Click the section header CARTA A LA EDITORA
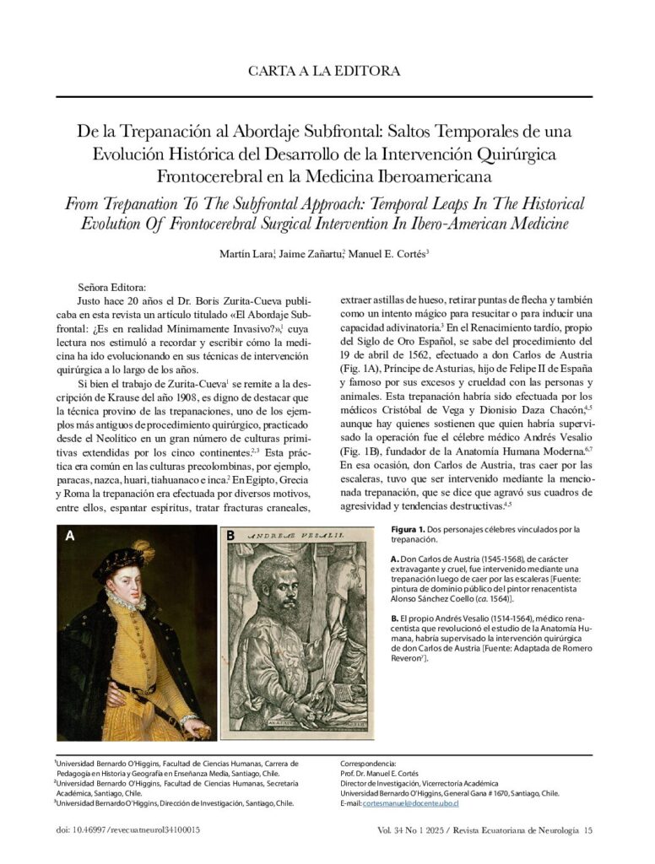coord(324,71)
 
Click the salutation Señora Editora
coord(111,286)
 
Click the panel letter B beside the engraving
coord(230,536)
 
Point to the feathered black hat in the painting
coord(124,560)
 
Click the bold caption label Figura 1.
coord(413,530)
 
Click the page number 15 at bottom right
coord(588,831)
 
